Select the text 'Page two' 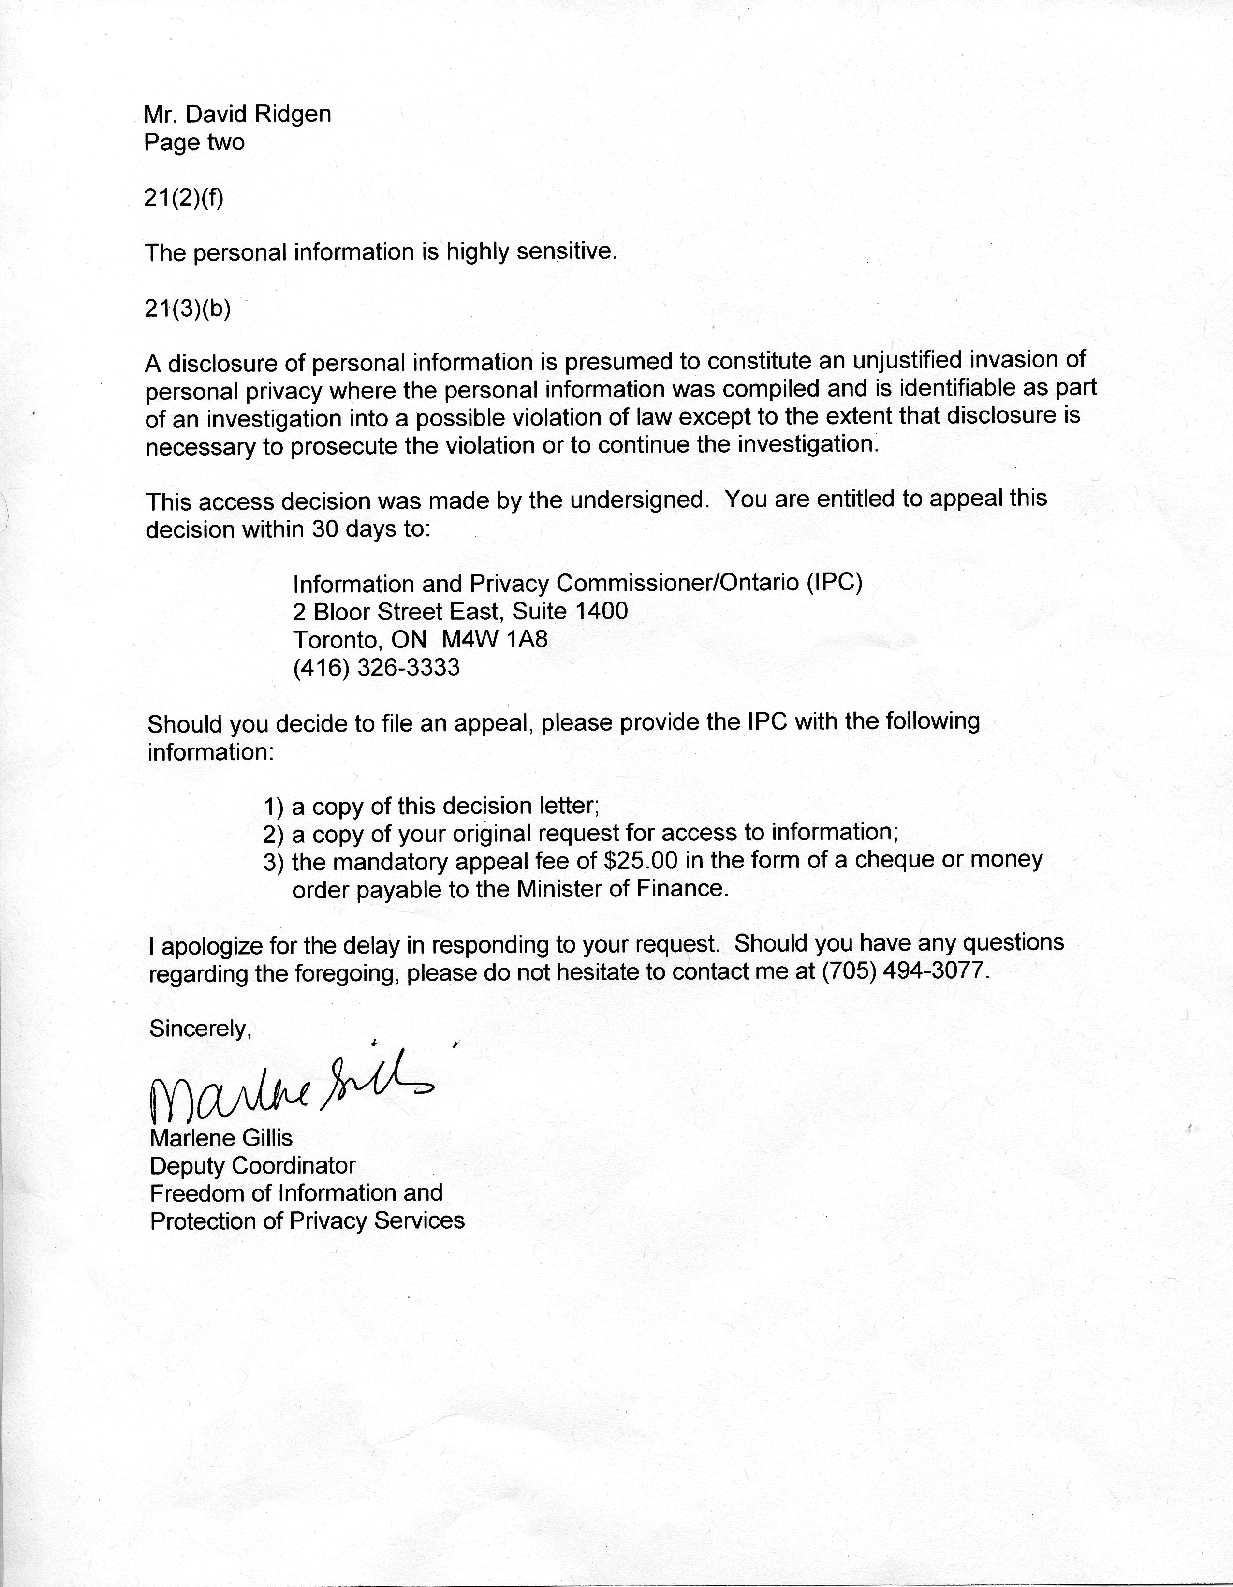click(x=194, y=143)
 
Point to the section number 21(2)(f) click(x=184, y=198)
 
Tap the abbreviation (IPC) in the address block click(x=834, y=584)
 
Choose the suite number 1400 click(x=601, y=611)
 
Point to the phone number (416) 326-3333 click(x=376, y=667)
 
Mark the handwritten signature click(x=291, y=1090)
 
